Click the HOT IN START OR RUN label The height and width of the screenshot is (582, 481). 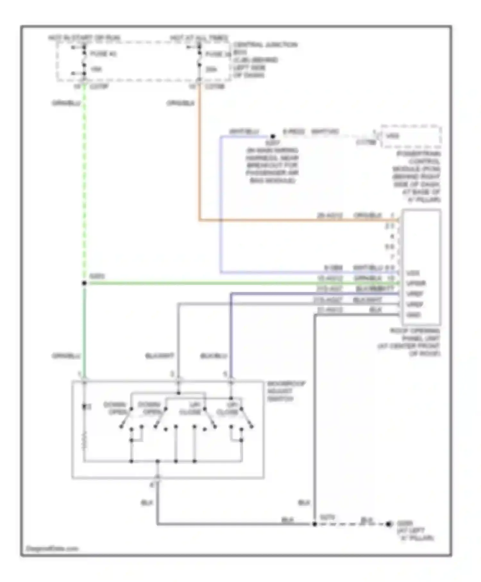[84, 38]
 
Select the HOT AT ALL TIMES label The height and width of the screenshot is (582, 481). [199, 38]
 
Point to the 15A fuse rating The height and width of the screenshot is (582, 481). [96, 69]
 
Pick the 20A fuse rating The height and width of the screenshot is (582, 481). [211, 69]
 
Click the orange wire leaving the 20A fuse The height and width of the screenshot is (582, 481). [199, 154]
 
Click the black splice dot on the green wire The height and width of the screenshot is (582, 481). [84, 283]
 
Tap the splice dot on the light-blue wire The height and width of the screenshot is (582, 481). [273, 136]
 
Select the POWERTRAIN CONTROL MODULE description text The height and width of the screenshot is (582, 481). [417, 176]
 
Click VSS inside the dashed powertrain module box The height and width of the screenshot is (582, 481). [392, 136]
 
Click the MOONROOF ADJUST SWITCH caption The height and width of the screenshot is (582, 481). [285, 391]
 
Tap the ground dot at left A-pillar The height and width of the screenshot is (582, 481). [389, 524]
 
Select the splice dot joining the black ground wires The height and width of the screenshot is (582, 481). [315, 524]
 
